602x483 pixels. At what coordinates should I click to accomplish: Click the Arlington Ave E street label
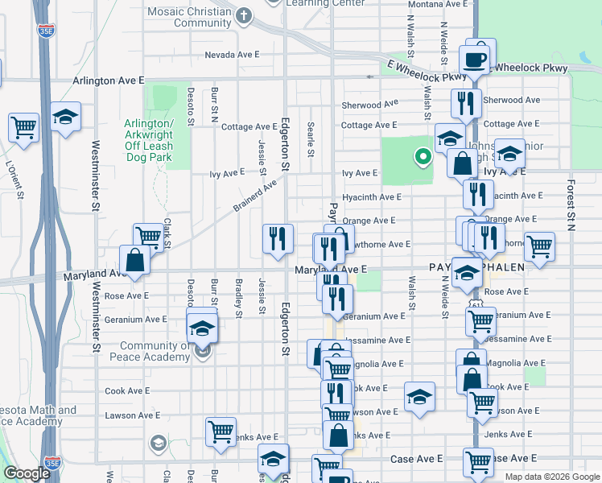point(108,81)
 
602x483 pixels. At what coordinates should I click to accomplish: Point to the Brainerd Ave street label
point(254,194)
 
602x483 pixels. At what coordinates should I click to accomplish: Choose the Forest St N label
point(570,204)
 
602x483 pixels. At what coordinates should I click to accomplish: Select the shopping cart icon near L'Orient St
point(24,126)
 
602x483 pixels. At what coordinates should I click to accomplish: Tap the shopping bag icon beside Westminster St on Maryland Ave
point(134,260)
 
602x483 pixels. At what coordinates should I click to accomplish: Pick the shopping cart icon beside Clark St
point(148,237)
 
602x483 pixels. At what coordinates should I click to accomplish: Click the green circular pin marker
point(420,157)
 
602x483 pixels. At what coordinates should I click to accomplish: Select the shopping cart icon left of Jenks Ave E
point(220,431)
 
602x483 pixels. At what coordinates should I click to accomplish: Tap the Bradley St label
point(239,296)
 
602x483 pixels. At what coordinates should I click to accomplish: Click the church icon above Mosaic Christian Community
point(245,16)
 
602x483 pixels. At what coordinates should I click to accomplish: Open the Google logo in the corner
point(27,473)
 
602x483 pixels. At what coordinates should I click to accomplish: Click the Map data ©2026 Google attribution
point(552,477)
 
